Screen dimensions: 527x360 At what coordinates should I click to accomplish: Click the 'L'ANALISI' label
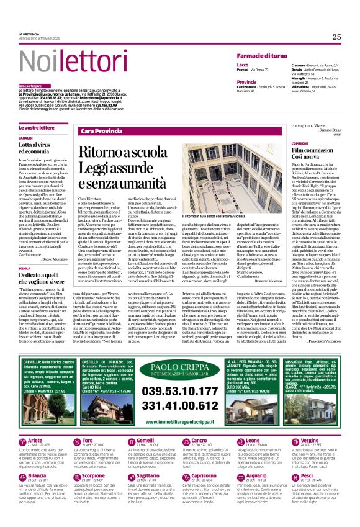click(x=25, y=138)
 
